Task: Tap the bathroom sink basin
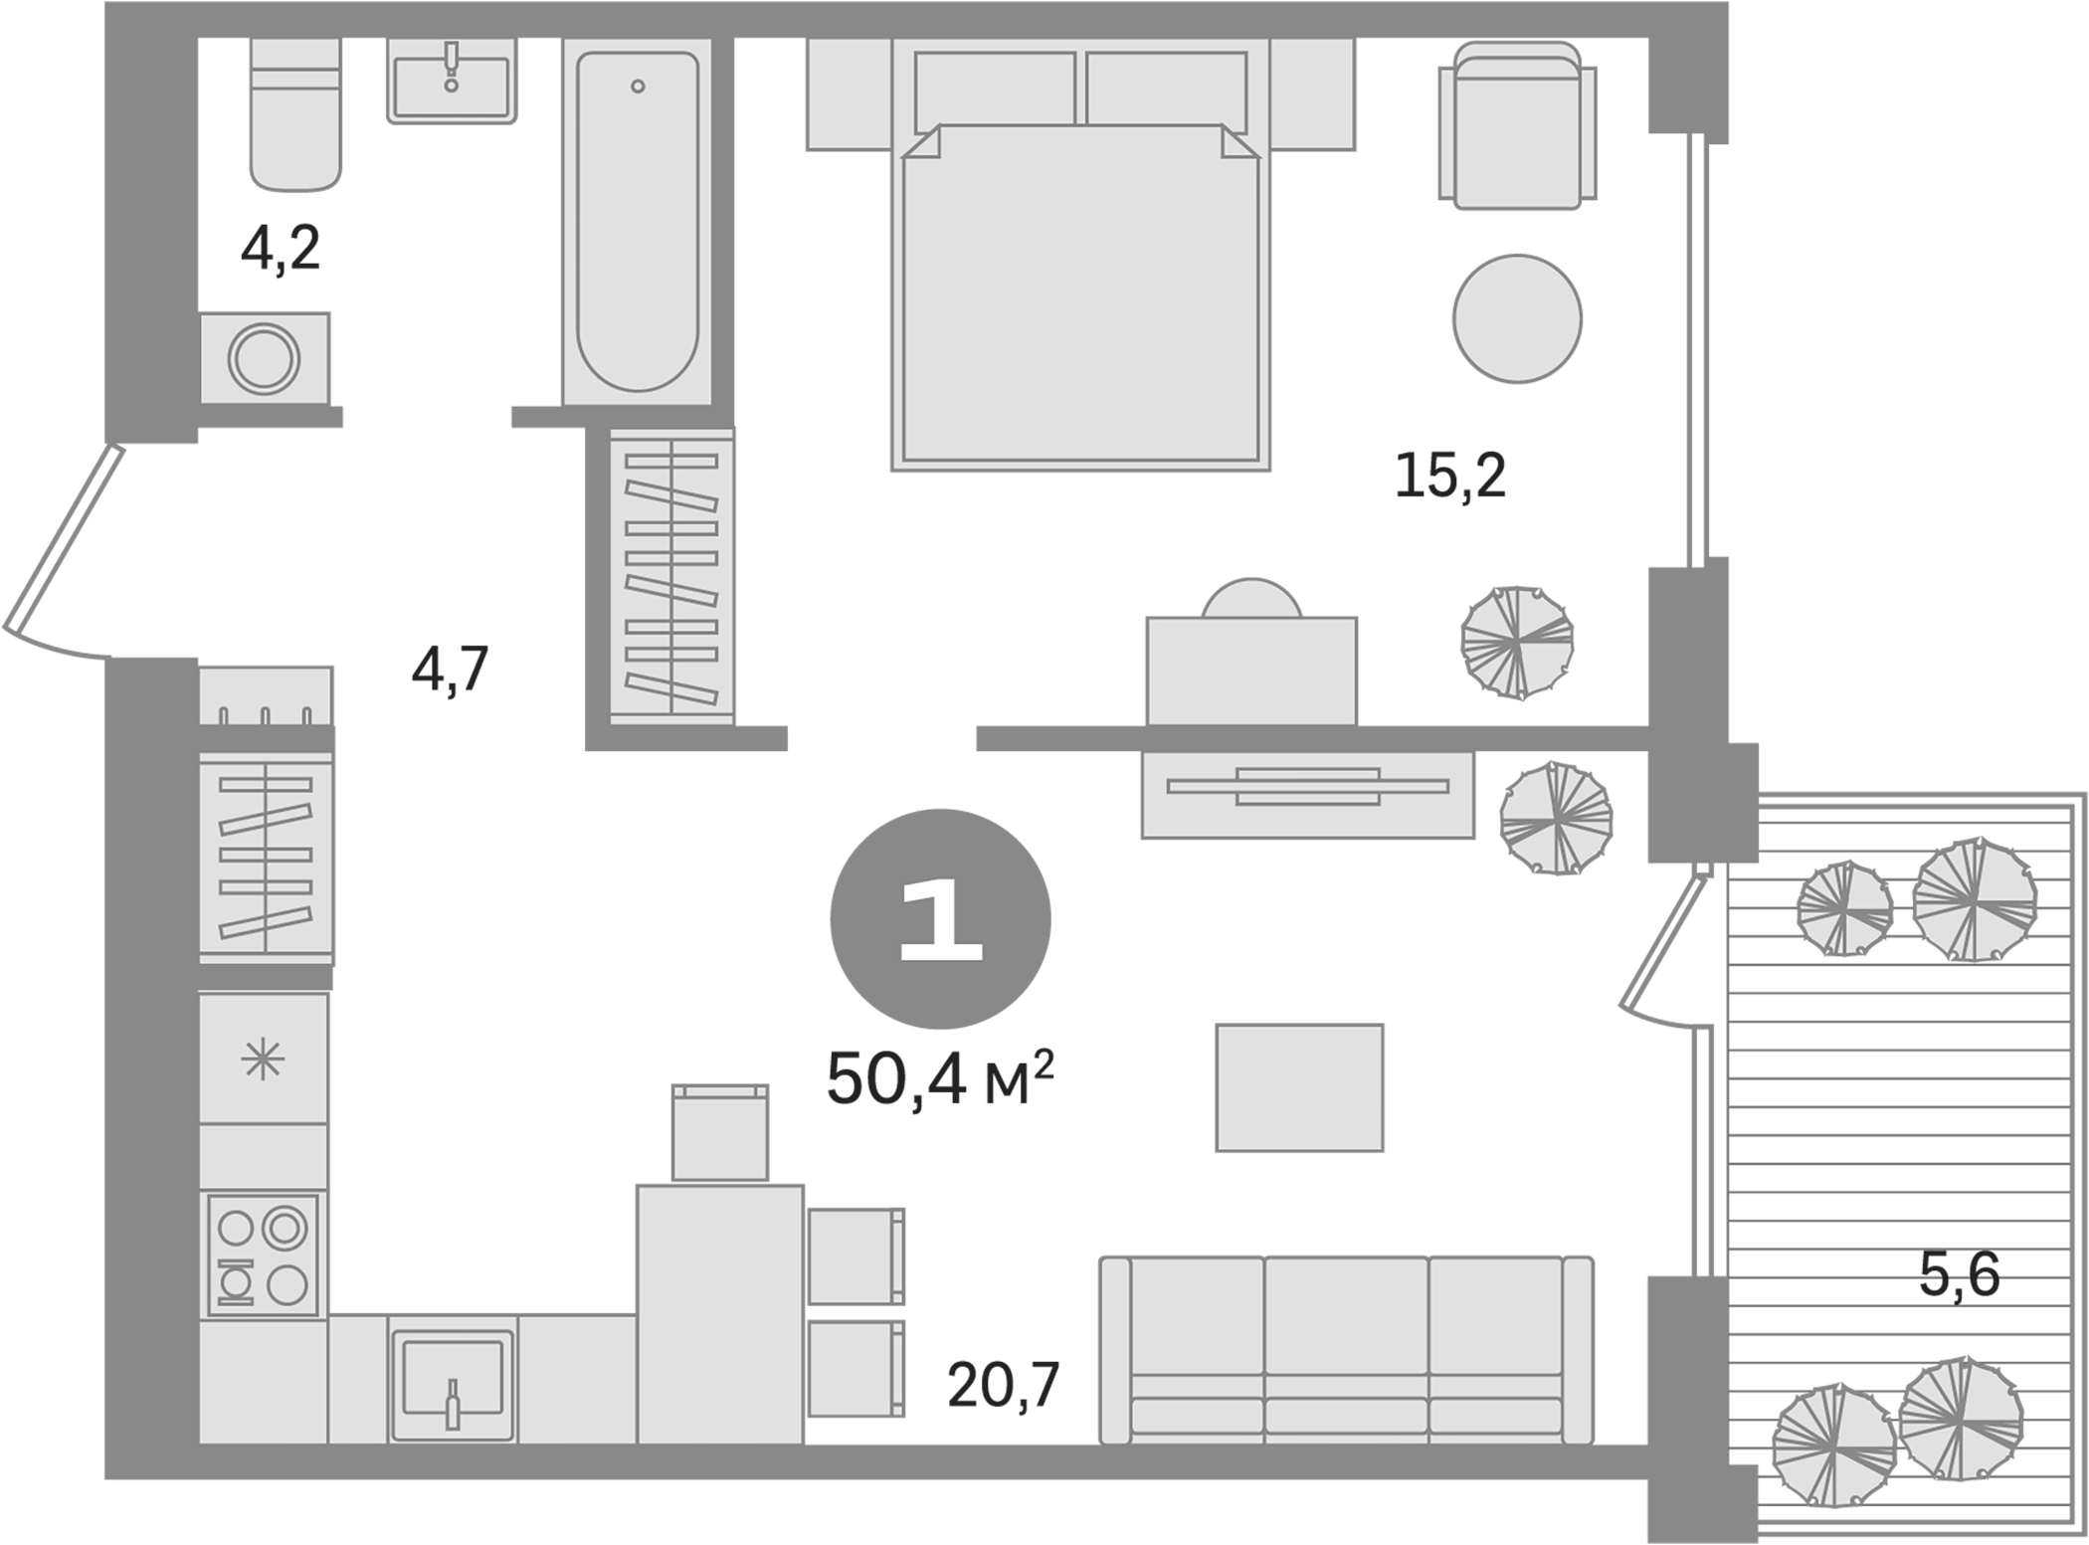[x=452, y=88]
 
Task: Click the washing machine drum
[x=264, y=358]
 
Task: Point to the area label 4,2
[x=281, y=250]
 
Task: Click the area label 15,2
[x=1449, y=476]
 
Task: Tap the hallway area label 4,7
[x=450, y=670]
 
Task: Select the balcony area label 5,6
[x=1959, y=1274]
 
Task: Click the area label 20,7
[x=1003, y=1385]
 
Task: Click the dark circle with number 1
[x=940, y=919]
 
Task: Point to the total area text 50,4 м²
[x=938, y=1080]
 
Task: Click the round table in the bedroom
[x=1517, y=318]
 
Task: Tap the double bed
[x=1080, y=298]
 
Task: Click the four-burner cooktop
[x=264, y=1256]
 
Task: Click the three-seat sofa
[x=1346, y=1350]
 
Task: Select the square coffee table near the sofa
[x=1299, y=1087]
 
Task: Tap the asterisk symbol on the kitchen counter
[x=263, y=1060]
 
